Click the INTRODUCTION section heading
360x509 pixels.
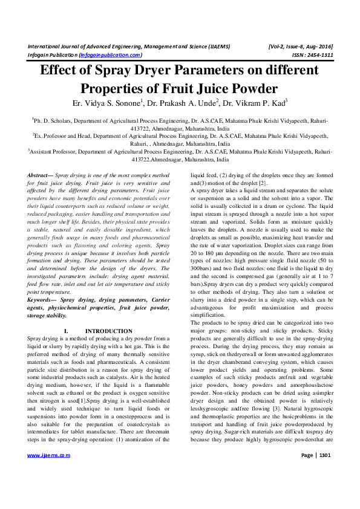109,331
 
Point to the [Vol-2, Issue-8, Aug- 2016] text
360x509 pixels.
299,45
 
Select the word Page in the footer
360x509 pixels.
307,472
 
